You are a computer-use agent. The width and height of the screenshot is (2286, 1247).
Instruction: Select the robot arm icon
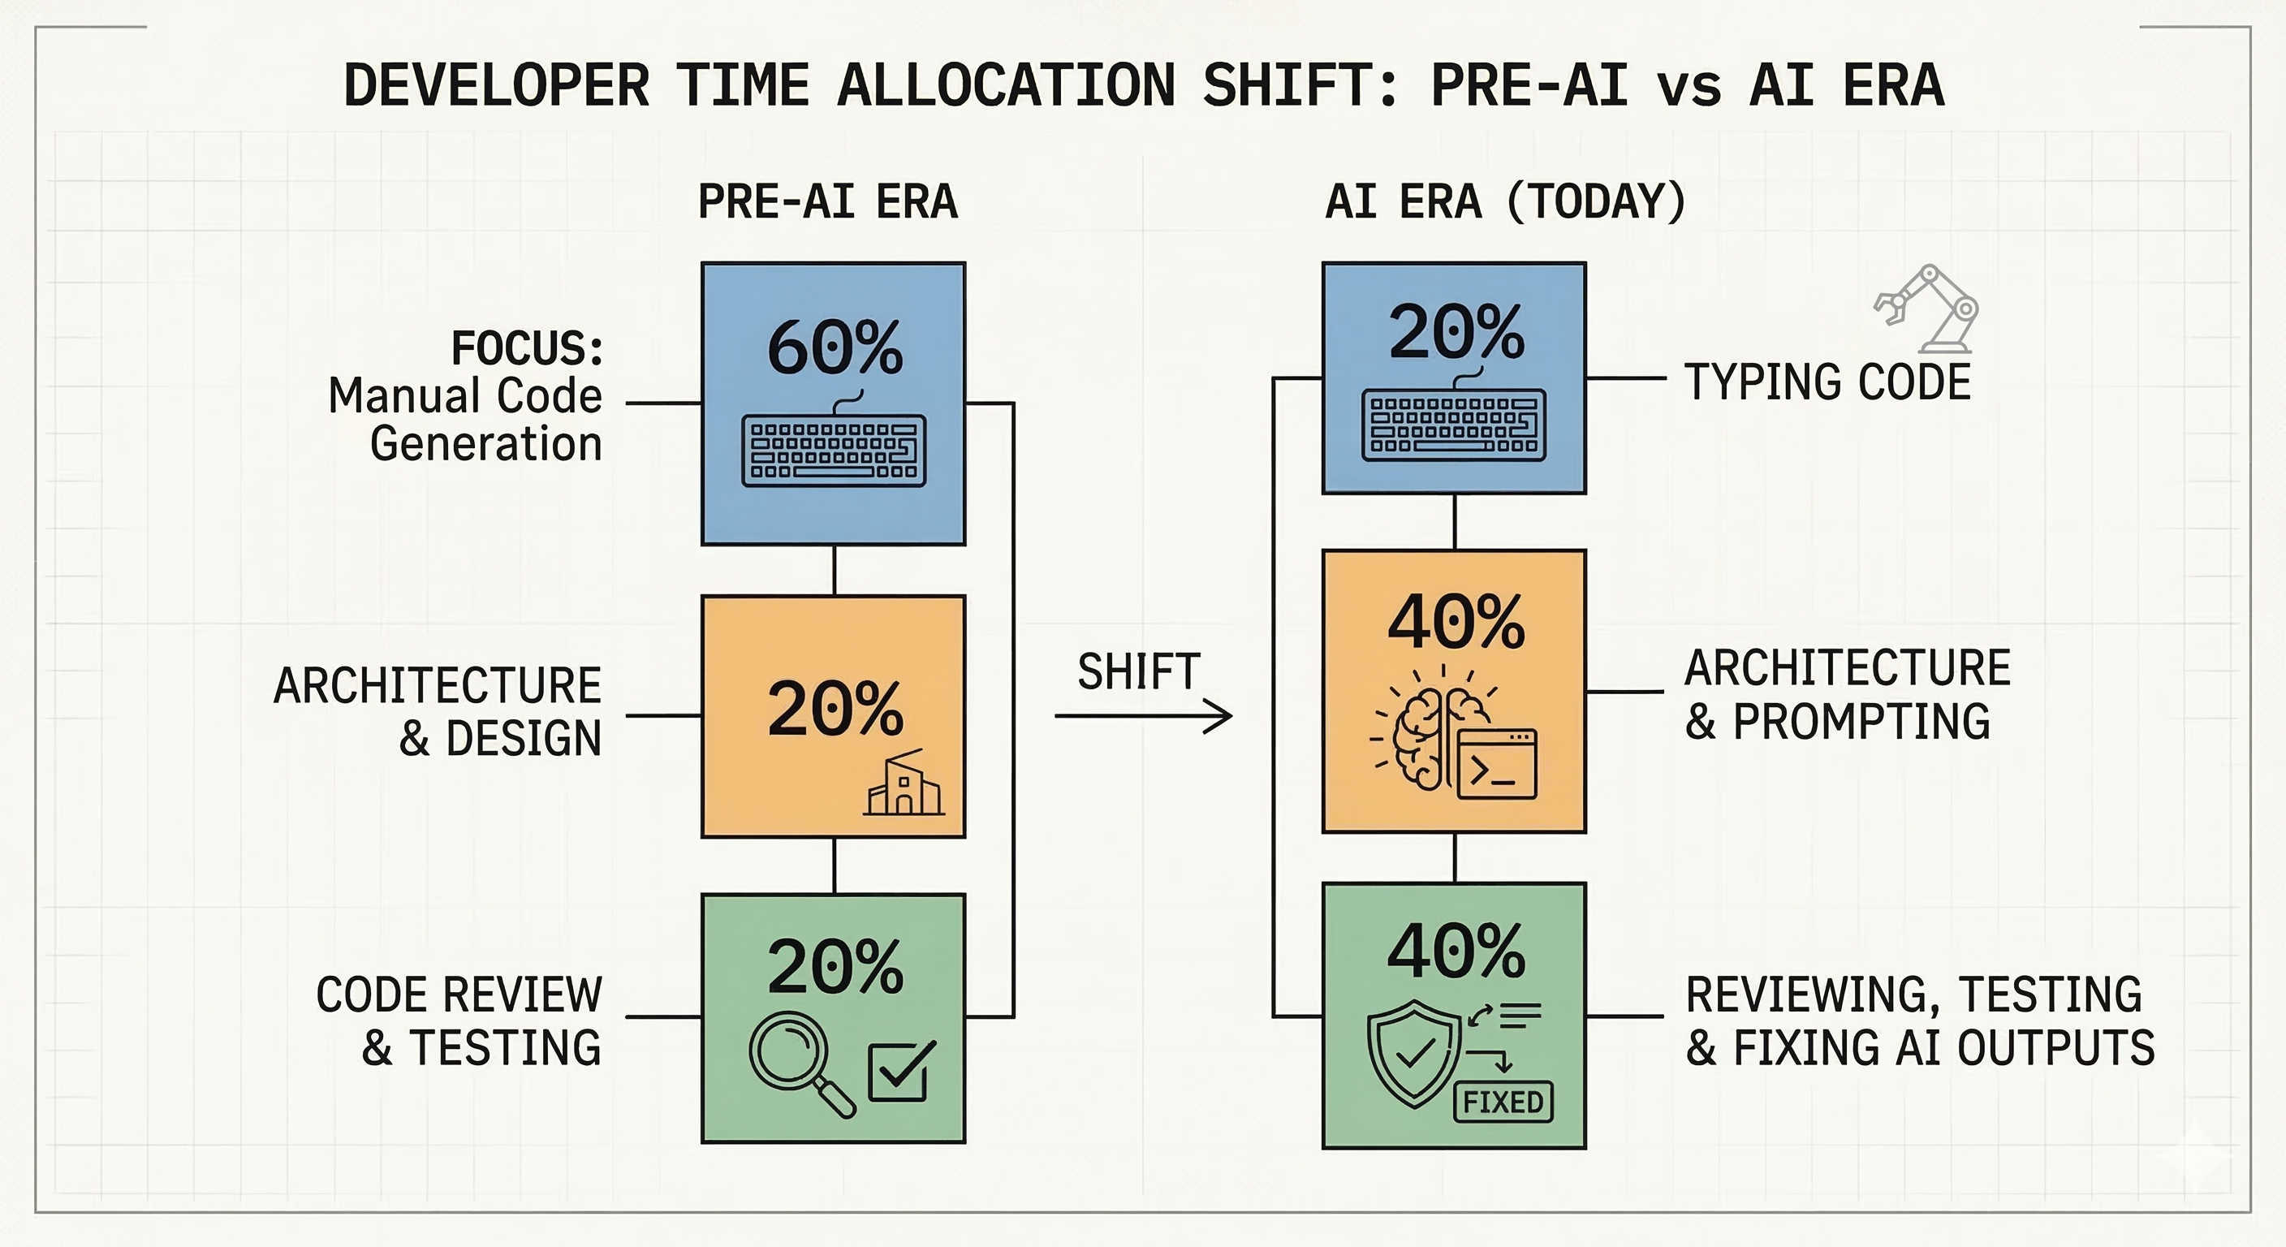coord(1926,308)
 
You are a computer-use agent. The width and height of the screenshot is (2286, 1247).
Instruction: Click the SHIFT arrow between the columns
coord(1143,715)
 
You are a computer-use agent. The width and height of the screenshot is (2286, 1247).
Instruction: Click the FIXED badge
coord(1503,1102)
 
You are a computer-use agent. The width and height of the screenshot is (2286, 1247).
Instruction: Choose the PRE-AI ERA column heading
coord(828,201)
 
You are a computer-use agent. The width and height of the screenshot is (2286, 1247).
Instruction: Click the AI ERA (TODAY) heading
coord(1505,201)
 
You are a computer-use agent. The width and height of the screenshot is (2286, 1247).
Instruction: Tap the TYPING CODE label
coord(1827,382)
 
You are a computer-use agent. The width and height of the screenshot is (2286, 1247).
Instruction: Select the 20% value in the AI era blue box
coord(1456,332)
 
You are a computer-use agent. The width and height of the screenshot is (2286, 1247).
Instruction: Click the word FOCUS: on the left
coord(527,347)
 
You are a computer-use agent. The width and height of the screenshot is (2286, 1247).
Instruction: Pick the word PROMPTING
coord(1861,721)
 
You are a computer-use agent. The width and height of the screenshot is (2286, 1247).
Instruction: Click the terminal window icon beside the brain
coord(1497,763)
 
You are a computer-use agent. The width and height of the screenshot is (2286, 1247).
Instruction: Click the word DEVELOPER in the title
coord(496,85)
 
